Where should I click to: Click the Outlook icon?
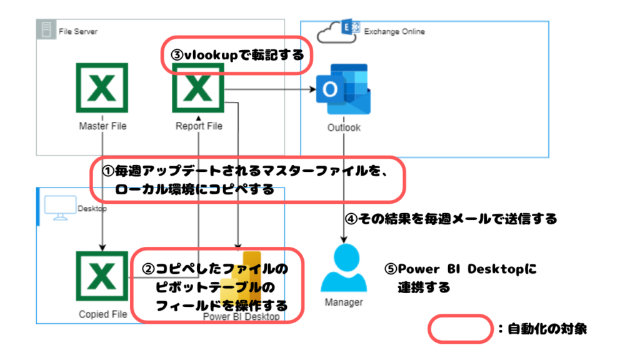pyautogui.click(x=343, y=90)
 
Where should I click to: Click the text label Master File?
pyautogui.click(x=102, y=126)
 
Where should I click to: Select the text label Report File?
pyautogui.click(x=199, y=126)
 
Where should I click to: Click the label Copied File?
pyautogui.click(x=102, y=314)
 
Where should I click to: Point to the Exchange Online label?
pyautogui.click(x=394, y=31)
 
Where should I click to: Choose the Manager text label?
pyautogui.click(x=344, y=302)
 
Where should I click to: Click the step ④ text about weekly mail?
pyautogui.click(x=450, y=219)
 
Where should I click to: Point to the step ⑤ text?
pyautogui.click(x=461, y=278)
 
